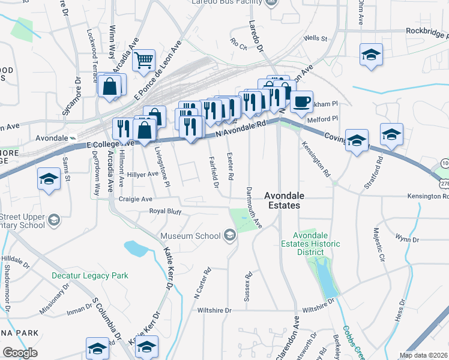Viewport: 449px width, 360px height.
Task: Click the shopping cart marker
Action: (144, 60)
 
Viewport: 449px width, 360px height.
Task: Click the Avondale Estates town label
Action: (285, 200)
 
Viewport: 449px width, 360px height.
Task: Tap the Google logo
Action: (20, 353)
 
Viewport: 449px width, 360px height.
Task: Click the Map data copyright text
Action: (423, 355)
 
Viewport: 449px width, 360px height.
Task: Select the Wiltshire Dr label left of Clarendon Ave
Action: (214, 310)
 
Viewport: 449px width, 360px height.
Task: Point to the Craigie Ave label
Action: (136, 199)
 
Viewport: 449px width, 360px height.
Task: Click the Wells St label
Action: (315, 38)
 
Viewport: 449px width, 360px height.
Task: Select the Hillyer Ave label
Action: (144, 173)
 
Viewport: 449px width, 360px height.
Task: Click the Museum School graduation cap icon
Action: (229, 236)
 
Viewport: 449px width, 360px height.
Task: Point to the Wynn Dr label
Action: (406, 239)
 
